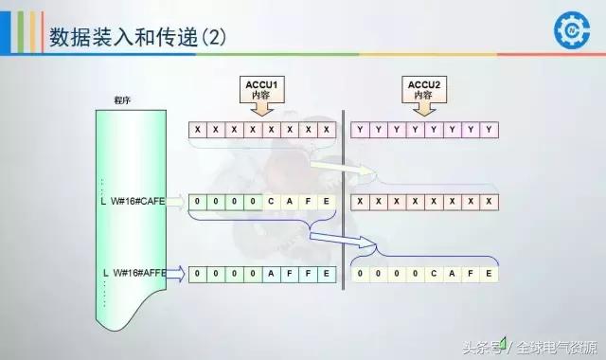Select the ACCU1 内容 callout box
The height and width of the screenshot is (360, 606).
tap(260, 91)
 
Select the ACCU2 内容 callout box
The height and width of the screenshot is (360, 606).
tap(421, 91)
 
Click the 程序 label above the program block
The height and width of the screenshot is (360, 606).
tap(122, 99)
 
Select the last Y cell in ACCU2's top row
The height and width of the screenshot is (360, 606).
tap(489, 129)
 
